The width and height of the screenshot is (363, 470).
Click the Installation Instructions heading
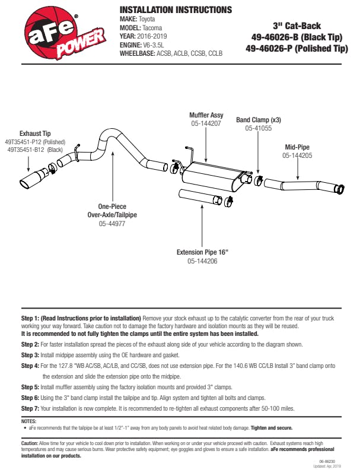176,10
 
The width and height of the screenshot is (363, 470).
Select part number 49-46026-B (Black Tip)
297,37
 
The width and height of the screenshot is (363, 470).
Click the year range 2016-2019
155,36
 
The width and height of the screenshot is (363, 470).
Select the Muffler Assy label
206,115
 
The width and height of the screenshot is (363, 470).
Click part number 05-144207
206,124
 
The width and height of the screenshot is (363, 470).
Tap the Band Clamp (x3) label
259,119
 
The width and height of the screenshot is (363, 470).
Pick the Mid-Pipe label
298,147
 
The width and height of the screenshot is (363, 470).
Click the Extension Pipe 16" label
202,252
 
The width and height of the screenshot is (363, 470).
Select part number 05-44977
112,224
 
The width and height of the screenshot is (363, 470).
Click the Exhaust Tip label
35,134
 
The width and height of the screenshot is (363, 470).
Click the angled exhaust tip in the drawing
33,180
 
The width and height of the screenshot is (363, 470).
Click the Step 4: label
30,366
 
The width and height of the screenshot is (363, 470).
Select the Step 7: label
30,409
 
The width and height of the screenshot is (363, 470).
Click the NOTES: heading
28,421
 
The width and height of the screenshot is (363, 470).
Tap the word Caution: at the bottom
30,443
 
